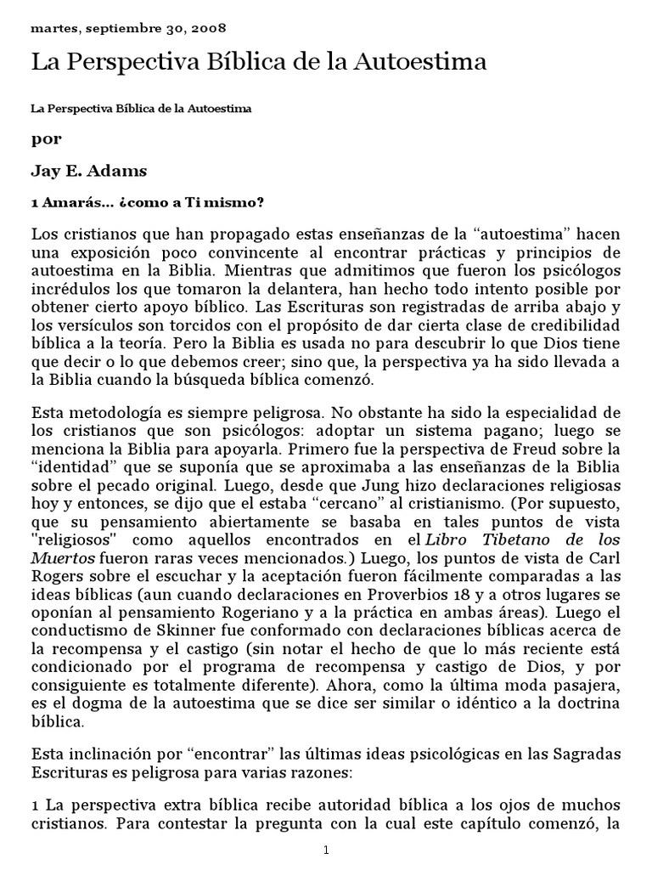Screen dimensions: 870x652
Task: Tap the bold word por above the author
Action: pos(47,139)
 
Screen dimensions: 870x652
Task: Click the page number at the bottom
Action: pos(325,850)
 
